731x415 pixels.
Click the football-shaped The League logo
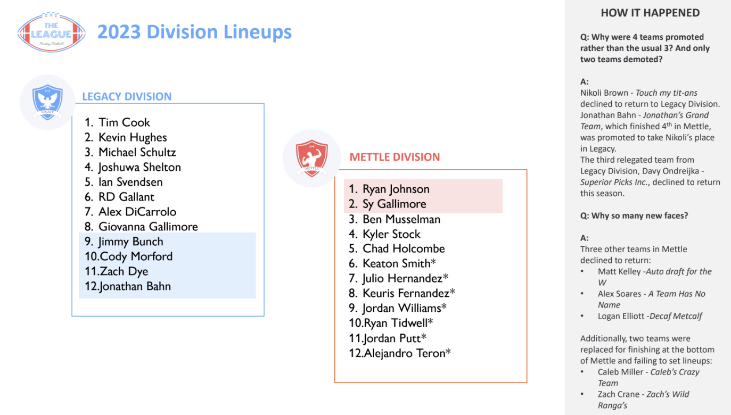point(51,32)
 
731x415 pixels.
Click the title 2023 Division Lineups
point(194,32)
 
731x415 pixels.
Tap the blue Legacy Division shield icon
point(47,102)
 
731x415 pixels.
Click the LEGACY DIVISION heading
point(127,97)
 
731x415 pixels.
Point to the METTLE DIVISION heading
point(395,157)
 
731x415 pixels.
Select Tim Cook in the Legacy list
point(124,122)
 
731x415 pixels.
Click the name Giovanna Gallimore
point(148,227)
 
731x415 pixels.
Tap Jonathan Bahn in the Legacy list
point(135,286)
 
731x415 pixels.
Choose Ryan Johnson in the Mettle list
point(396,189)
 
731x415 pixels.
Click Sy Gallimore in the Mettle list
point(394,204)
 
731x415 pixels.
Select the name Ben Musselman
point(401,219)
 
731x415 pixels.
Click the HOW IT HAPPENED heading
point(650,13)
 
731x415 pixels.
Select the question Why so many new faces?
point(631,216)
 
